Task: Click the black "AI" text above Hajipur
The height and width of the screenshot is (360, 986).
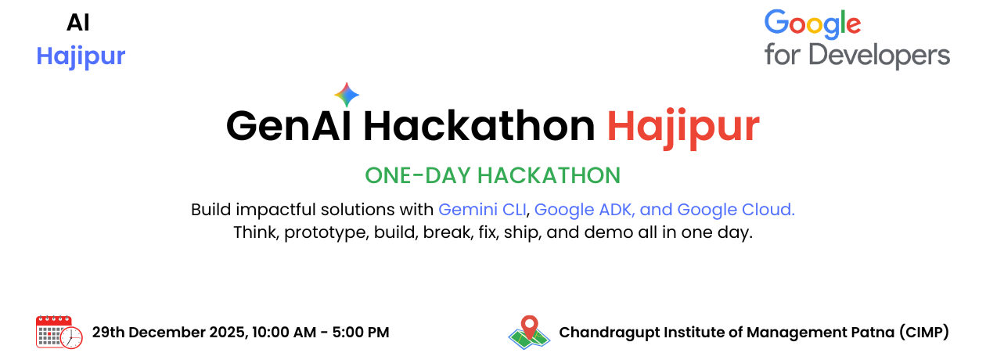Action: pos(78,23)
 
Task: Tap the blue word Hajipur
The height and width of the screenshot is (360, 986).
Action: pos(81,56)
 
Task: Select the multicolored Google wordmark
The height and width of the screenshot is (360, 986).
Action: pos(812,25)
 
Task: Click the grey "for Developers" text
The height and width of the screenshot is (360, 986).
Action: pos(857,56)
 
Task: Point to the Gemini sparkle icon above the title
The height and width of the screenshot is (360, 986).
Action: pos(347,95)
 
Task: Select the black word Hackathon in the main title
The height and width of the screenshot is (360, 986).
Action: pos(479,126)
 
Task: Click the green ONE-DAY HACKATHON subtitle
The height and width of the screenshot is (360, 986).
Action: pos(492,175)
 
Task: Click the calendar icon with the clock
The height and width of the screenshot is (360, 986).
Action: pos(59,332)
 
